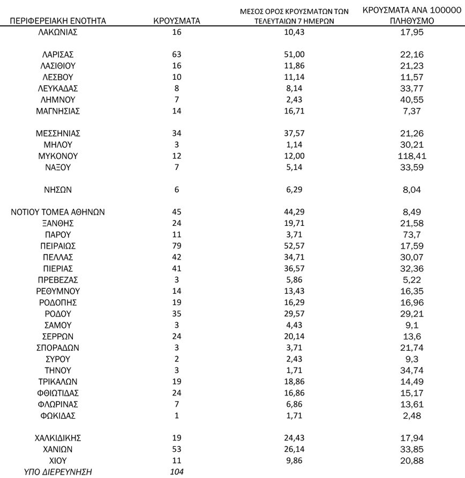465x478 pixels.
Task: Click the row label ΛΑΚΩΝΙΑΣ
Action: (58, 32)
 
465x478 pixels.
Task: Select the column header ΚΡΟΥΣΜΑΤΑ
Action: (176, 21)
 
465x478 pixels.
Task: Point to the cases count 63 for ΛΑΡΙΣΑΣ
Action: (176, 54)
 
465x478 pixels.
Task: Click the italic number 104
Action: (176, 472)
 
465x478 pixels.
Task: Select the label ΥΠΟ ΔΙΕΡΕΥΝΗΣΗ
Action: (58, 472)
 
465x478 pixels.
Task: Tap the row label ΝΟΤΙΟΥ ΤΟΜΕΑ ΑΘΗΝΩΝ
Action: (58, 212)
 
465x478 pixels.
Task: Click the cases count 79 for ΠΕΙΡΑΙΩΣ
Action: (176, 246)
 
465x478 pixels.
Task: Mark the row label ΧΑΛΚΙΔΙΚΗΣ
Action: (58, 437)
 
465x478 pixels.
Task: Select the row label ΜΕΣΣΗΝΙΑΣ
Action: (58, 133)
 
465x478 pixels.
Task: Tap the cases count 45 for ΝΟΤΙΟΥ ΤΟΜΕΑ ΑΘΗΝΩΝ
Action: (176, 212)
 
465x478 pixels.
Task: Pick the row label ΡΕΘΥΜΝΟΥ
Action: (58, 291)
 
